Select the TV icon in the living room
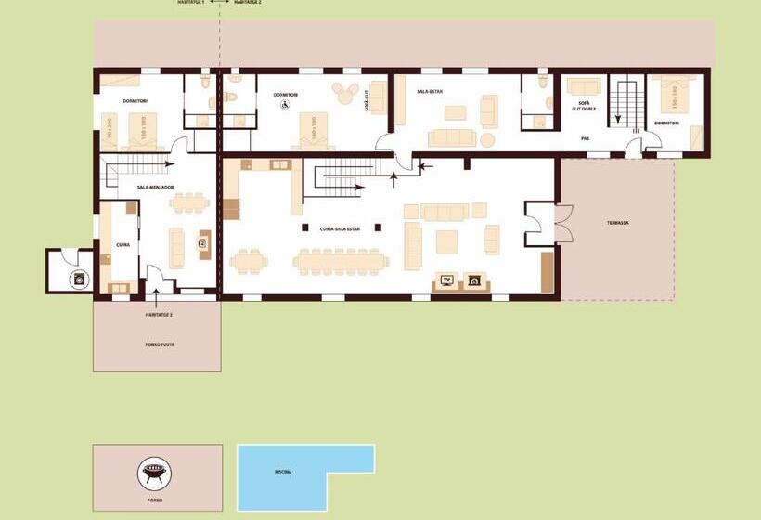pos(446,279)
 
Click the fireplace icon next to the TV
pos(473,279)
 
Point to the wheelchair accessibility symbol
pos(286,105)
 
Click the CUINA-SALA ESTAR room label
pos(340,227)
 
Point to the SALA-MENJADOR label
pos(155,187)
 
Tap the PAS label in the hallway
pos(585,138)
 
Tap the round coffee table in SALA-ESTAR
pos(455,113)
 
